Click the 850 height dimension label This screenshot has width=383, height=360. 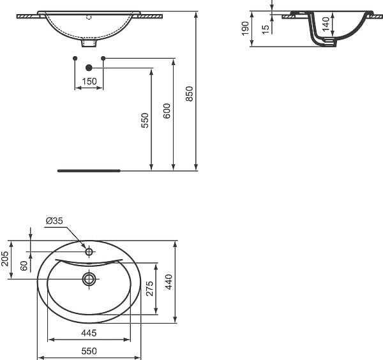[x=190, y=94]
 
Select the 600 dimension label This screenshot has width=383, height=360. [x=167, y=111]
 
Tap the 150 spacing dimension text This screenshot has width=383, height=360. [x=89, y=81]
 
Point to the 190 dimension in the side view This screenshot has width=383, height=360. [x=245, y=28]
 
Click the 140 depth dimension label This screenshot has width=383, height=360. [x=326, y=24]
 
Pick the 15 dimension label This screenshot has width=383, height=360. [x=266, y=29]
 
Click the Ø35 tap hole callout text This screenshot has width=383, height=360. [x=54, y=221]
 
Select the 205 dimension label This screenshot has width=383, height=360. [x=4, y=259]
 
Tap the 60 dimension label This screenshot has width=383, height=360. [x=24, y=266]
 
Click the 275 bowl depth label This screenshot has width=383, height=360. [x=150, y=289]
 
